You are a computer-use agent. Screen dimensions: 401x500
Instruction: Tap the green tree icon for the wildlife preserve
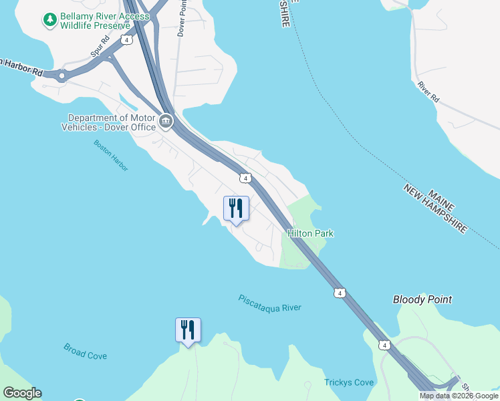[x=49, y=20]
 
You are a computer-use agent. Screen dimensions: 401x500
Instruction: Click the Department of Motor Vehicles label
[x=108, y=122]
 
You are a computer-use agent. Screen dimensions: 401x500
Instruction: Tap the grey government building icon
[x=166, y=122]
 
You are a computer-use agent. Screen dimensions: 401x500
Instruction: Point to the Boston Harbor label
[x=111, y=155]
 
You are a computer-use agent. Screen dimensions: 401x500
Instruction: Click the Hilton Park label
[x=310, y=233]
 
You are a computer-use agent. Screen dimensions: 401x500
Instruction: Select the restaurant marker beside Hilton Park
[x=236, y=209]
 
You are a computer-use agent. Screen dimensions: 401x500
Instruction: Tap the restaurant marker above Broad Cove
[x=188, y=330]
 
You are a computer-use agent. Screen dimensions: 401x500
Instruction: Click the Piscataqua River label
[x=269, y=303]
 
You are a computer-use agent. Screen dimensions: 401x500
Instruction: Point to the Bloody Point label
[x=422, y=300]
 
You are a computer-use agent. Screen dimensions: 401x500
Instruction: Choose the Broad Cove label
[x=85, y=352]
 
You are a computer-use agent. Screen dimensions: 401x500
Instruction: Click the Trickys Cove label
[x=349, y=383]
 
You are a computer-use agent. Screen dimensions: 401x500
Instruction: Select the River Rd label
[x=428, y=92]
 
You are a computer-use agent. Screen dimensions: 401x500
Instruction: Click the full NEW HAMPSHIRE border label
[x=434, y=209]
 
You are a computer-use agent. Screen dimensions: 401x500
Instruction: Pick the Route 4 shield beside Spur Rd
[x=126, y=40]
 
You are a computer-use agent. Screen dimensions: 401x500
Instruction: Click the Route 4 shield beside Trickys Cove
[x=383, y=345]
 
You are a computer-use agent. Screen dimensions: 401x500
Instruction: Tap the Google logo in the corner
[x=22, y=393]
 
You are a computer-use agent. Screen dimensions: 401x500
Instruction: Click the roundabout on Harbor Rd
[x=63, y=76]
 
